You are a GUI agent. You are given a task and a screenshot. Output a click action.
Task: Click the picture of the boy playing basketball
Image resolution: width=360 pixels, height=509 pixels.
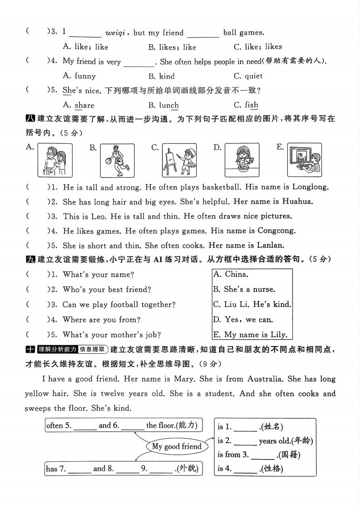(117, 160)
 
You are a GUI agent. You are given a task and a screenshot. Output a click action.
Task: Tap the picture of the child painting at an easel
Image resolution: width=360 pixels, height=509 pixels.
(179, 160)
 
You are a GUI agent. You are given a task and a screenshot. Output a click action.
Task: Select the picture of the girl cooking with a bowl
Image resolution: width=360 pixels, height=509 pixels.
(242, 160)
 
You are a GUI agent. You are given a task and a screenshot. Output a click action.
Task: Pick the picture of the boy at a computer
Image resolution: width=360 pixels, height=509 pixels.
(304, 160)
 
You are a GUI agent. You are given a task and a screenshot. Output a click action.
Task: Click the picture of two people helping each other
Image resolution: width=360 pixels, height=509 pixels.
(55, 160)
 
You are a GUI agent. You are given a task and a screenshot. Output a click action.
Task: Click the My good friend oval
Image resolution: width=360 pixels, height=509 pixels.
(177, 446)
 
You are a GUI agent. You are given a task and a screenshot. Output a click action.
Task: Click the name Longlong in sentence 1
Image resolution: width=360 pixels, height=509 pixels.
(311, 186)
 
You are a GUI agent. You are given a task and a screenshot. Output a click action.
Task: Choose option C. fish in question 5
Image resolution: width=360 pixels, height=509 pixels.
(246, 105)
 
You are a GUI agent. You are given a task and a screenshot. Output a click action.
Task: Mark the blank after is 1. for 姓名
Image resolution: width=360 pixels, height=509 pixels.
(247, 427)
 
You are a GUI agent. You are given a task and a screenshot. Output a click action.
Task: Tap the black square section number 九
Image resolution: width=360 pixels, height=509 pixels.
(30, 259)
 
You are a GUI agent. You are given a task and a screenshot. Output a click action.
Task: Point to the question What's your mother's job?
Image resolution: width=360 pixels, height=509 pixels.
(112, 335)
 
